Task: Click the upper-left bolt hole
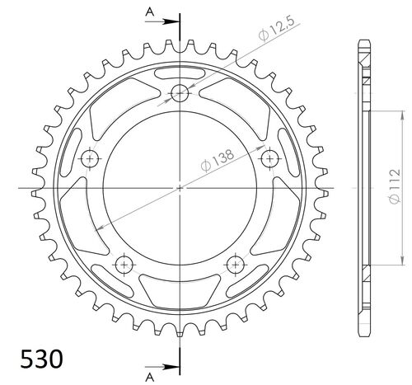tap(90, 157)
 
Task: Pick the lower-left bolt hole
tap(124, 264)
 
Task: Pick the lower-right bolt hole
tap(236, 264)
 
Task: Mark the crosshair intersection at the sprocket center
tap(180, 188)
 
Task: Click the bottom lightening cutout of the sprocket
tap(180, 290)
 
